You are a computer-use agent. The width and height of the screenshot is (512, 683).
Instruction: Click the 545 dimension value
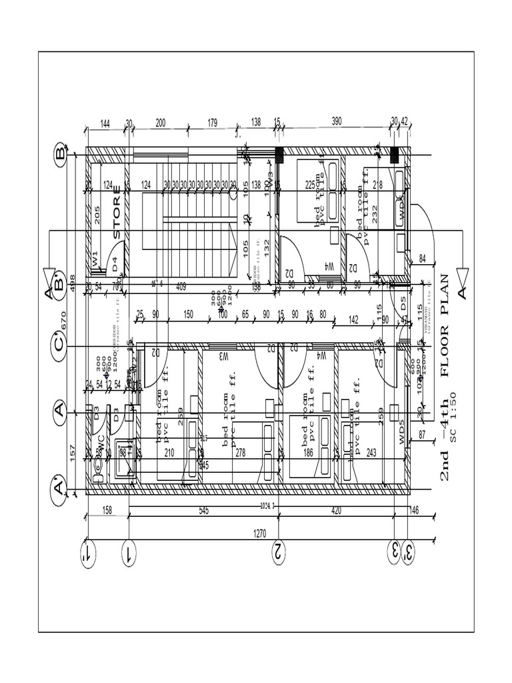(203, 511)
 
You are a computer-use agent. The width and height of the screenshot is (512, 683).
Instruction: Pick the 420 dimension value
(335, 511)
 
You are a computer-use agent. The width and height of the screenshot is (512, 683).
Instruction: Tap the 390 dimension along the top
(336, 122)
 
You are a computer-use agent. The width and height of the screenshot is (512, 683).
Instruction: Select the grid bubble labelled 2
(279, 552)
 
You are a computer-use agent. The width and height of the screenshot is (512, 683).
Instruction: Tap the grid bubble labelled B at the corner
(59, 155)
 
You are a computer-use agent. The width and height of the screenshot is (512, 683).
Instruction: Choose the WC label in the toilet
(100, 442)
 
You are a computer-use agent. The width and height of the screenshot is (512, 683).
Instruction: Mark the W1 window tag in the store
(95, 258)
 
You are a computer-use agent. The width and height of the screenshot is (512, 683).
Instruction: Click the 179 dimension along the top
(212, 122)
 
